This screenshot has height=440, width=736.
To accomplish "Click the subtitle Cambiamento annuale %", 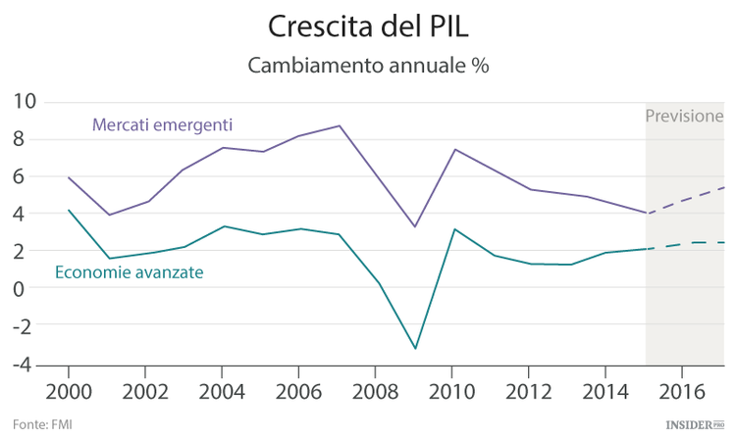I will [367, 66].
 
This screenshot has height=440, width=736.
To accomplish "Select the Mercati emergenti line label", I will [162, 124].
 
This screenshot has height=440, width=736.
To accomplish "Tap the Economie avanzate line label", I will [129, 272].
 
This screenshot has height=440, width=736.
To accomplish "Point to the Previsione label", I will [684, 116].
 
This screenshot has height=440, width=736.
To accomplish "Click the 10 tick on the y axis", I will [25, 101].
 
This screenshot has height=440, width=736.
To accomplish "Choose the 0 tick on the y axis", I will [30, 288].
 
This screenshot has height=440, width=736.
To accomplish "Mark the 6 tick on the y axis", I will [30, 176].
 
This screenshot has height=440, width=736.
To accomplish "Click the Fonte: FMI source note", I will [42, 424].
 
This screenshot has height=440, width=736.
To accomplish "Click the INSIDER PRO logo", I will [694, 424].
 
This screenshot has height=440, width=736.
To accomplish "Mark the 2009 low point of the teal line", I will [414, 349].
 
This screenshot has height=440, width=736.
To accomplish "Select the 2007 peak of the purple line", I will [339, 125].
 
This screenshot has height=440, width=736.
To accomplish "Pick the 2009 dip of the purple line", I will [414, 227].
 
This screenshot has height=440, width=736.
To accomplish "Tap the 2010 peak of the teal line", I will [452, 228].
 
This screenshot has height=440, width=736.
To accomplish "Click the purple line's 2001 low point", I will [108, 215].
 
